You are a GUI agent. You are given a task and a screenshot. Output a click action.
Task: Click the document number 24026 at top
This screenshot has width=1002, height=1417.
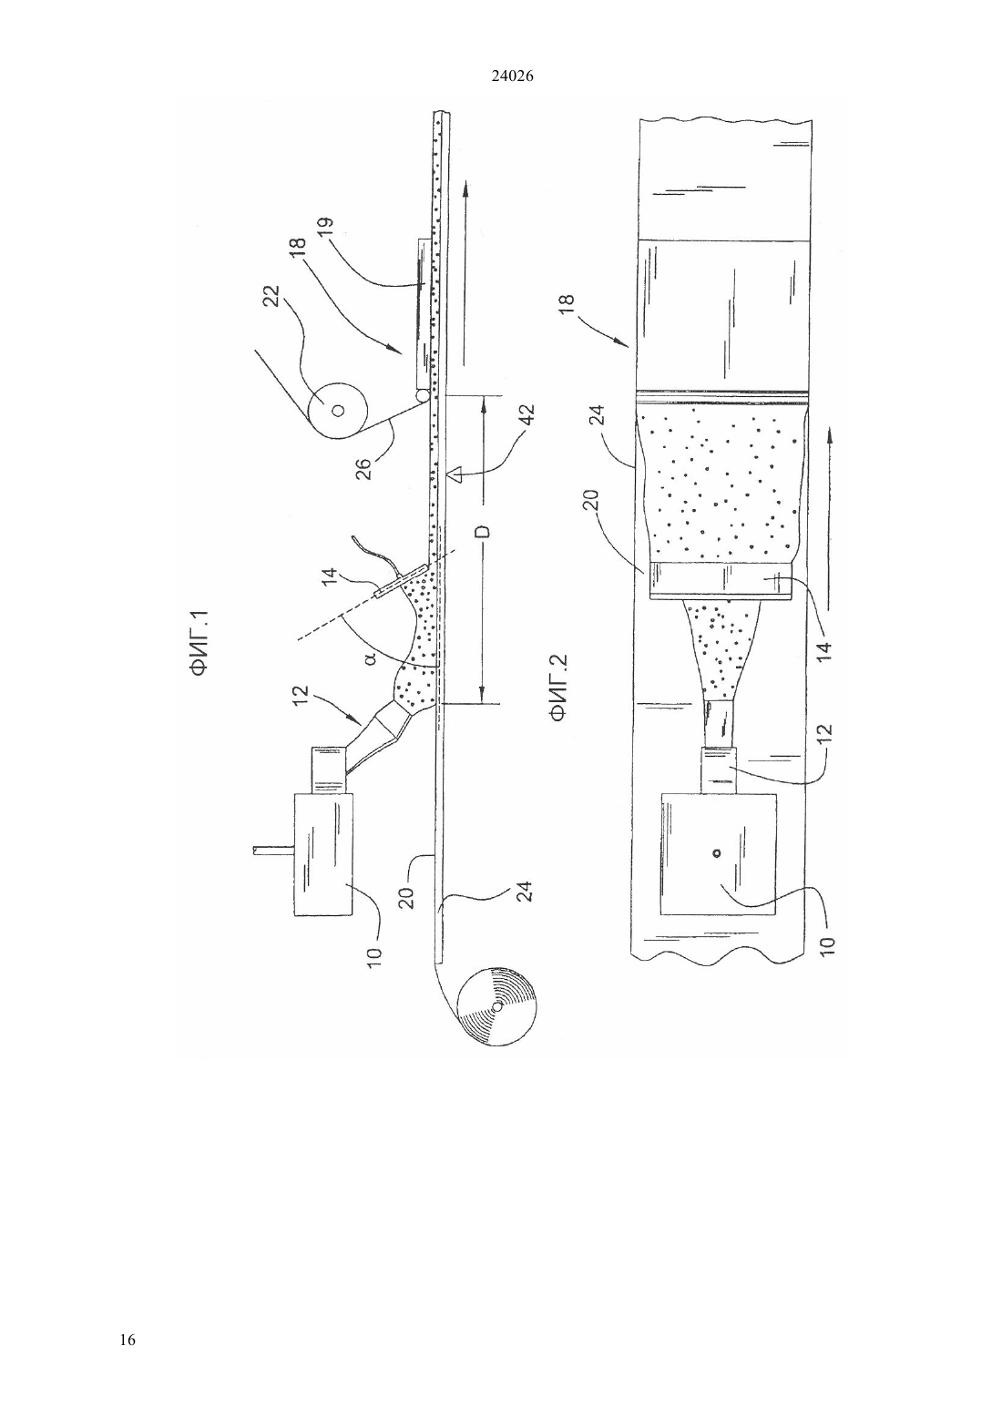[x=513, y=76]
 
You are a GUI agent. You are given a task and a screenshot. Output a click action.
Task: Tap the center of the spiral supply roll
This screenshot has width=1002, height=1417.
[x=496, y=1005]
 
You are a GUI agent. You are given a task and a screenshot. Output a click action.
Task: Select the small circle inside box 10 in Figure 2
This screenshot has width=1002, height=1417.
[x=717, y=853]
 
